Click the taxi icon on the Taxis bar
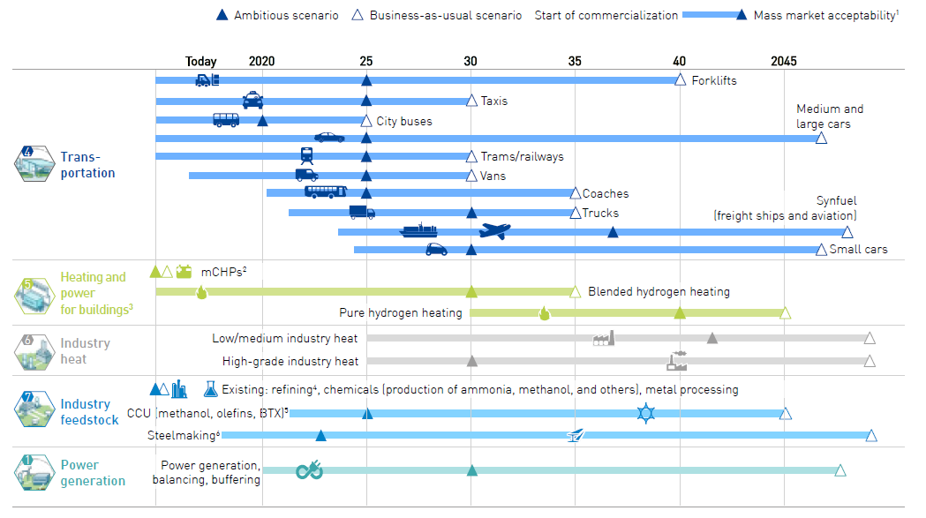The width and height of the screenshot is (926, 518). (252, 101)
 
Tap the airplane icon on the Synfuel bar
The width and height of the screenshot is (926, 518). (495, 230)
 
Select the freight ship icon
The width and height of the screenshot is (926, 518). (418, 230)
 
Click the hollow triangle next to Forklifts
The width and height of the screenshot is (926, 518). (681, 79)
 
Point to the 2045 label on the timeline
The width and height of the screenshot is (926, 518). (784, 62)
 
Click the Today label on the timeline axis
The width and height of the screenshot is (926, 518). (200, 62)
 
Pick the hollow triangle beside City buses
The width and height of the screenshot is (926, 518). (366, 121)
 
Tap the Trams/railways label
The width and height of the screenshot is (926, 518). (522, 156)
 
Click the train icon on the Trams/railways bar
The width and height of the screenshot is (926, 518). (307, 156)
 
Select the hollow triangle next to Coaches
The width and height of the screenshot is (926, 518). (576, 194)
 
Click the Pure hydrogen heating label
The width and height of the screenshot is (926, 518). (401, 312)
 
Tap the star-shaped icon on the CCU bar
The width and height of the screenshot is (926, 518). (646, 413)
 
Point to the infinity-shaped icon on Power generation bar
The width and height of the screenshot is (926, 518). (310, 470)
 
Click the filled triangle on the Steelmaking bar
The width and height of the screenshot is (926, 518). (320, 436)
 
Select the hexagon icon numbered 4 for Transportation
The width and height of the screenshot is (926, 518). (34, 163)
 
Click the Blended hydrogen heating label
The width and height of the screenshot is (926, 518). (659, 292)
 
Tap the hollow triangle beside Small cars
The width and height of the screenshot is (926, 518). (821, 250)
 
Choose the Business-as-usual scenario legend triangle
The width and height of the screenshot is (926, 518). (358, 15)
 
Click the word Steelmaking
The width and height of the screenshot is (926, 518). (182, 435)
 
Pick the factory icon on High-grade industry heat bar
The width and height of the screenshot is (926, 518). (677, 360)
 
